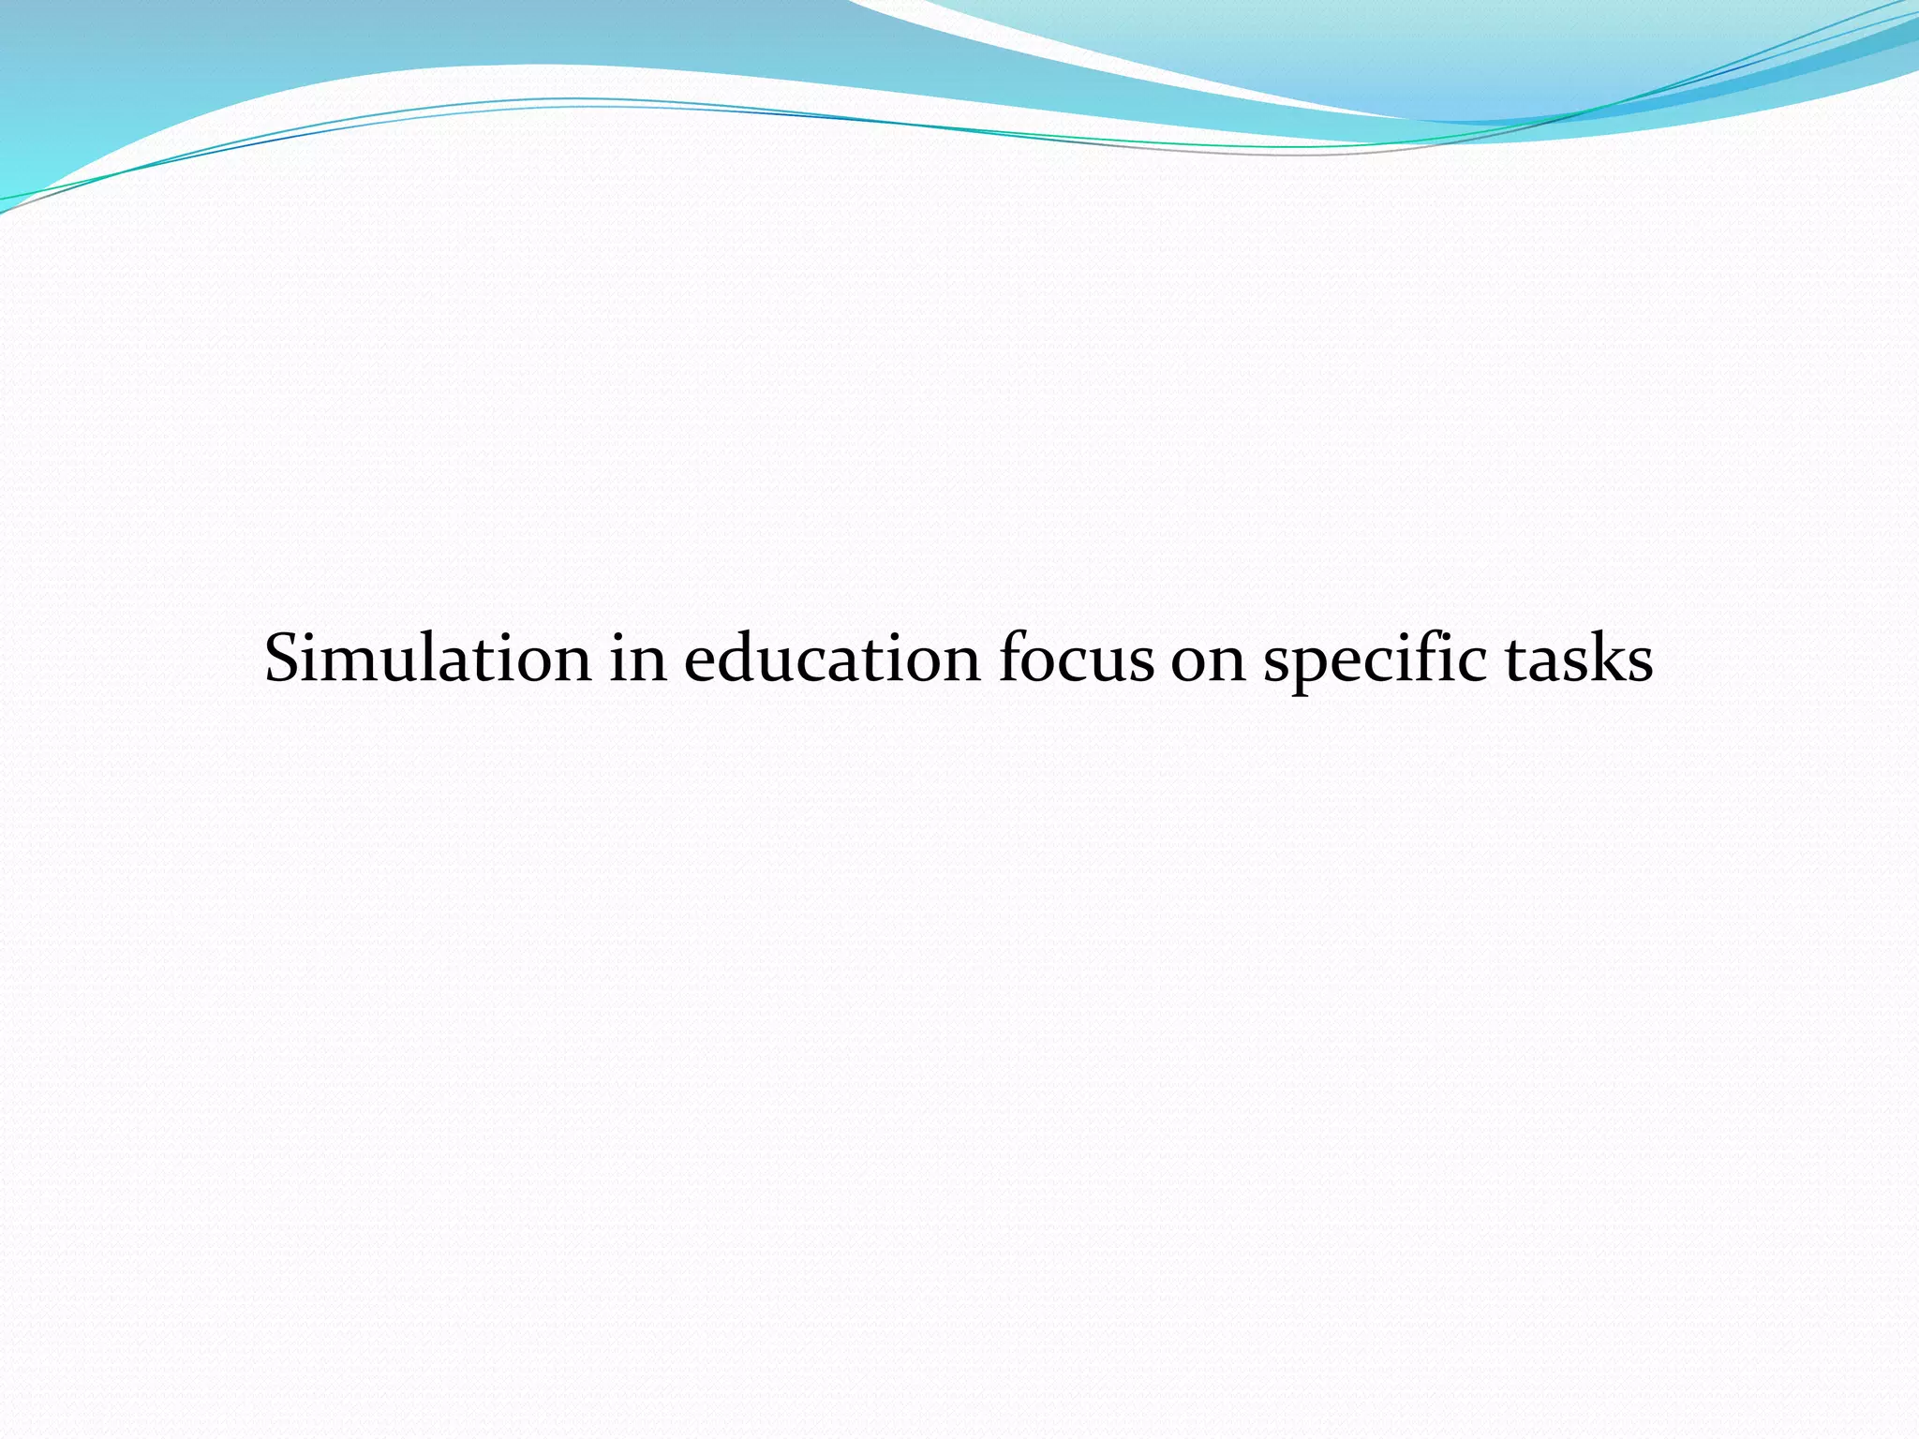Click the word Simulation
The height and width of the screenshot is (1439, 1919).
point(427,658)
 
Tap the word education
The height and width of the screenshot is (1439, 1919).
point(832,658)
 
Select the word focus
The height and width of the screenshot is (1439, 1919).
point(1076,658)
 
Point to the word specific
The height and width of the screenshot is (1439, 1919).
point(1375,660)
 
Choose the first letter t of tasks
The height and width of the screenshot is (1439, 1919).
point(1518,660)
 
